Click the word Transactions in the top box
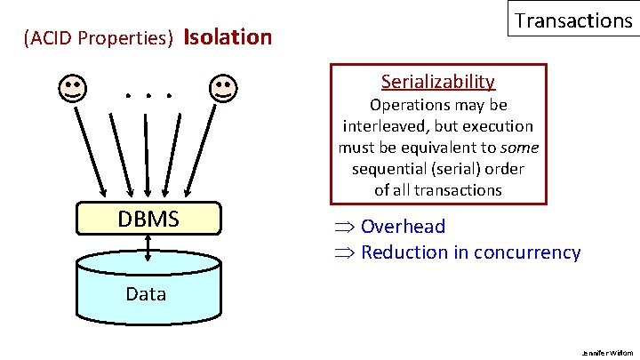[x=573, y=20]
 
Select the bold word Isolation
[x=227, y=37]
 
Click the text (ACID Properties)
[x=100, y=39]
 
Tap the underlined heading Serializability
[x=437, y=82]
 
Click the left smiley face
[x=73, y=88]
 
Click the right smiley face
[x=222, y=88]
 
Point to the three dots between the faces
[x=148, y=92]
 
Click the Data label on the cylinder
[x=146, y=293]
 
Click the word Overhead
[x=403, y=228]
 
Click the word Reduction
[x=405, y=252]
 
